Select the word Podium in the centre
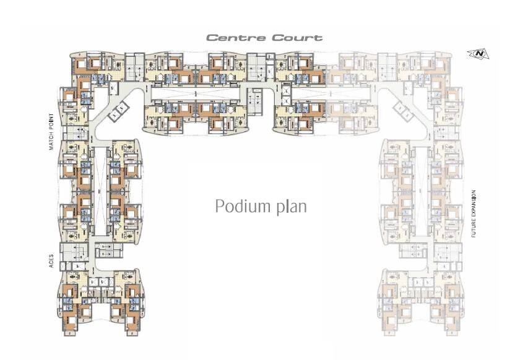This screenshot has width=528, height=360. [239, 206]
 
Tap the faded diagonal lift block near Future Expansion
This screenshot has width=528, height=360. [404, 109]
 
